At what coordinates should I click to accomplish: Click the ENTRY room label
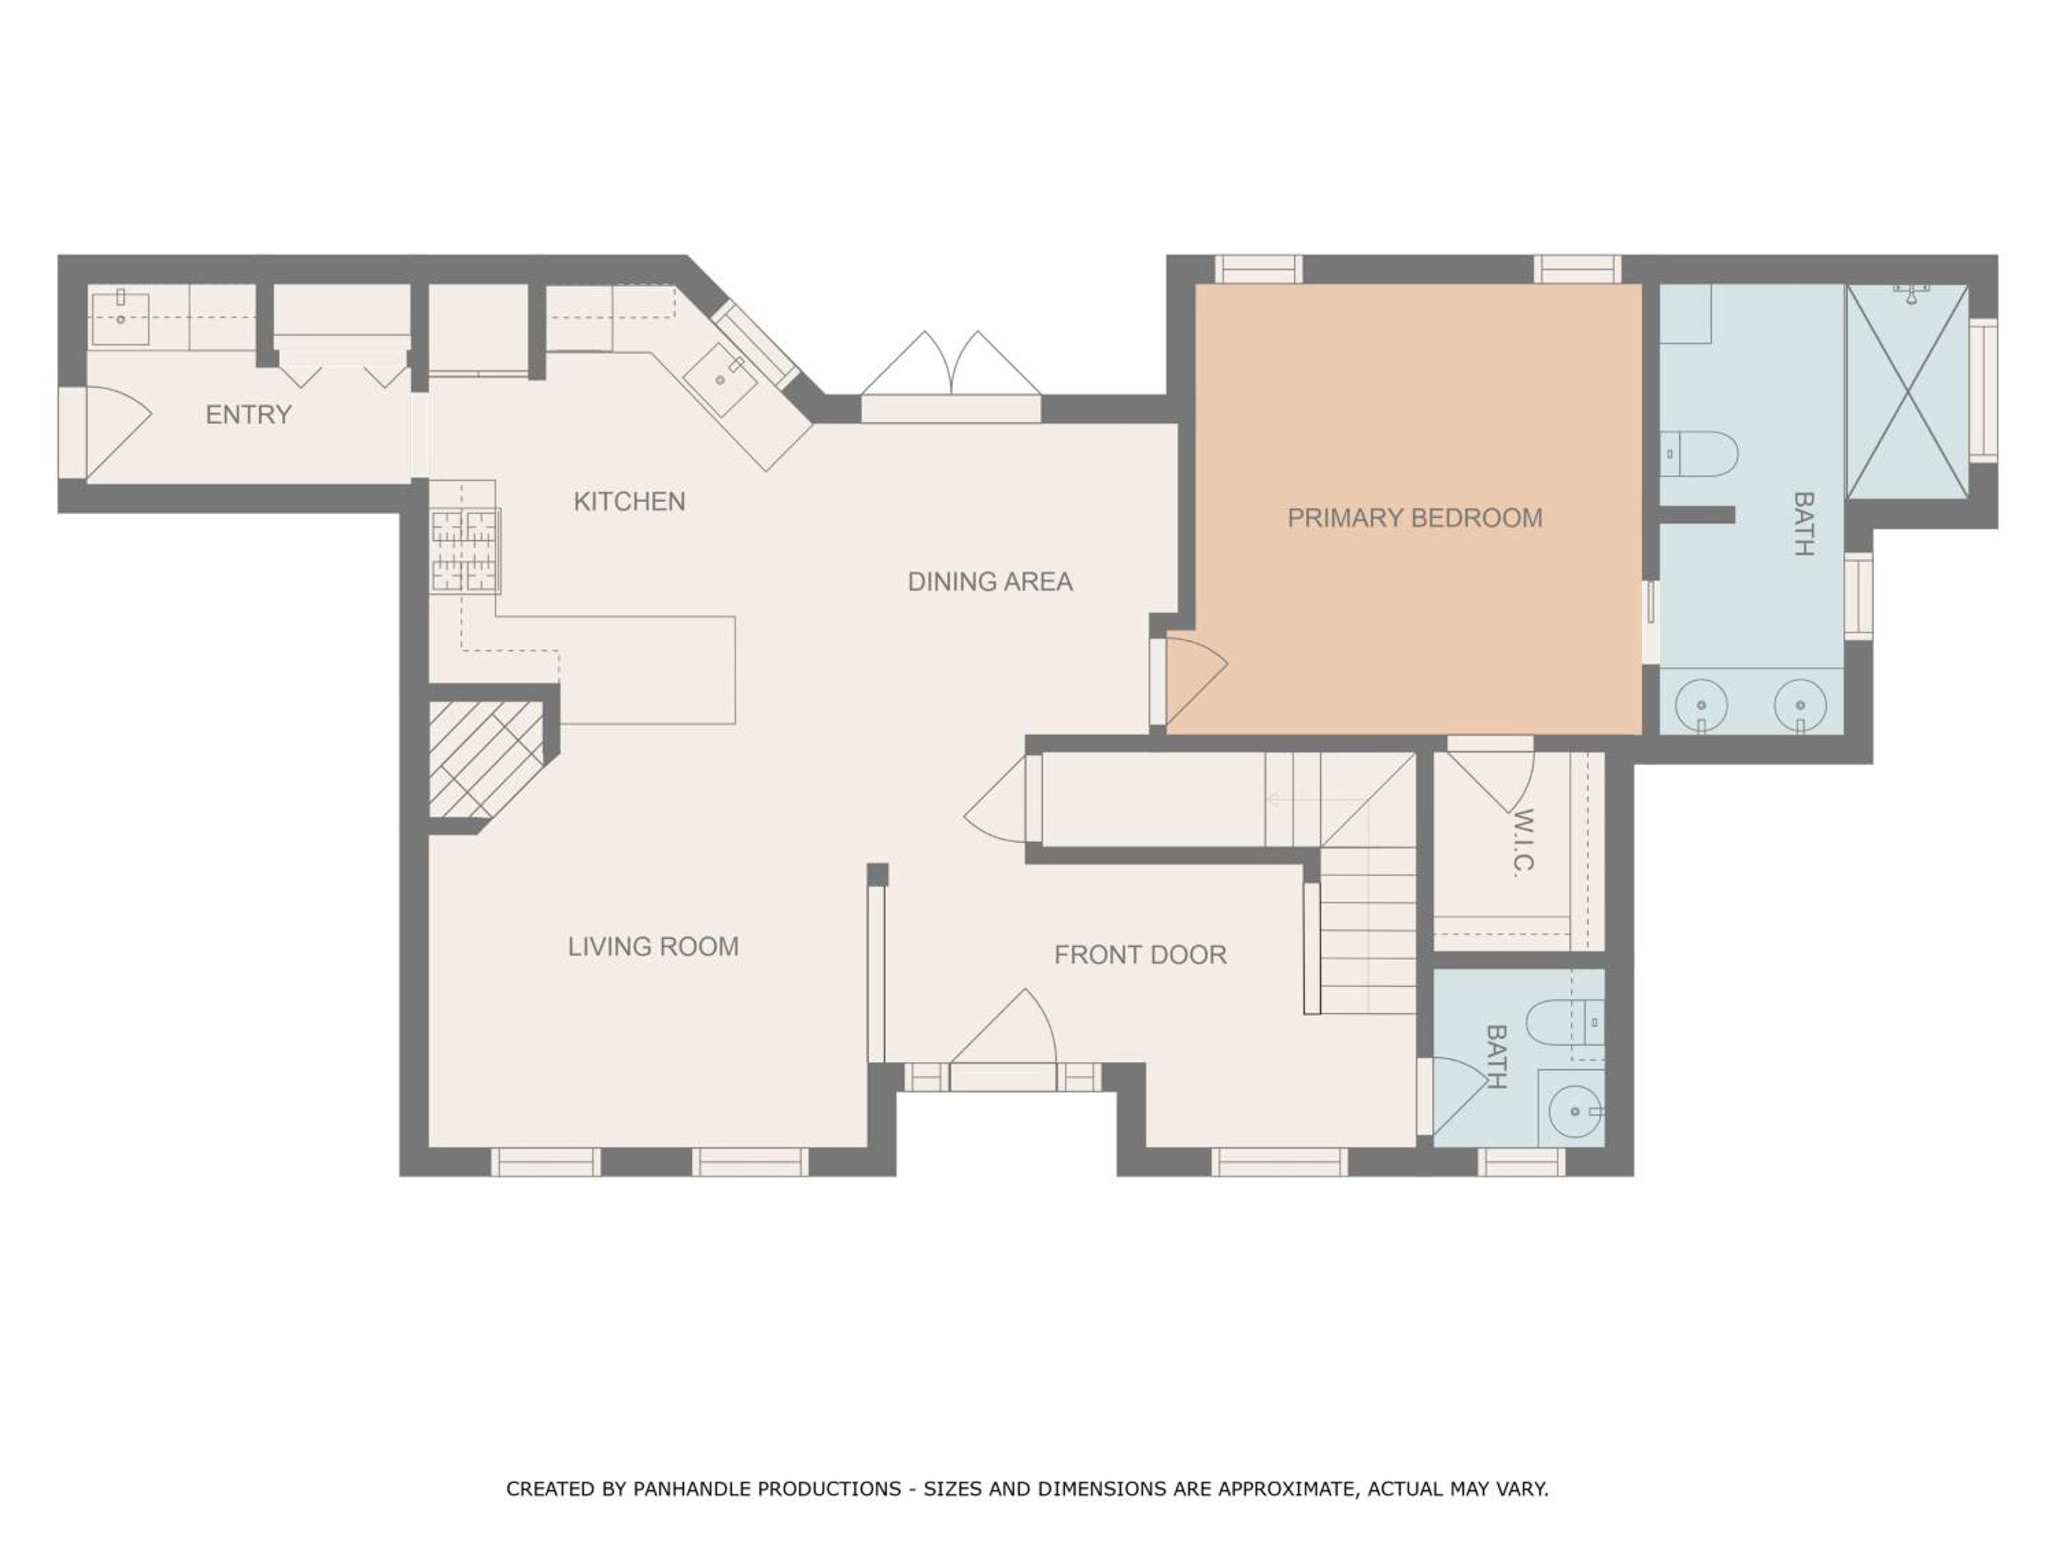pos(248,415)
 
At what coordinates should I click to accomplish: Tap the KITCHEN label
pos(629,502)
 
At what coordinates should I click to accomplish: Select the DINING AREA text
pos(990,582)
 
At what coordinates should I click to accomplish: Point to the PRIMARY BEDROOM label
pos(1415,517)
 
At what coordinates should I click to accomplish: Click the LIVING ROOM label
pos(653,947)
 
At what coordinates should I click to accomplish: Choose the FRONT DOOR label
pos(1140,955)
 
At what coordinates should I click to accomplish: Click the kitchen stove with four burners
pos(465,550)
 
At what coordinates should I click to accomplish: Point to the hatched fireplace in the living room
pos(485,759)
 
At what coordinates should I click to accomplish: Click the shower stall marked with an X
pos(1907,391)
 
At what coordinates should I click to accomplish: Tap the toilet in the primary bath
pos(1699,454)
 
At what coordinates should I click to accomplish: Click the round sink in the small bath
pos(1576,1111)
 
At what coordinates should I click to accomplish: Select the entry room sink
pos(120,318)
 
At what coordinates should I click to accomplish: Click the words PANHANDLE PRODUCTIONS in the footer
pos(767,1489)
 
